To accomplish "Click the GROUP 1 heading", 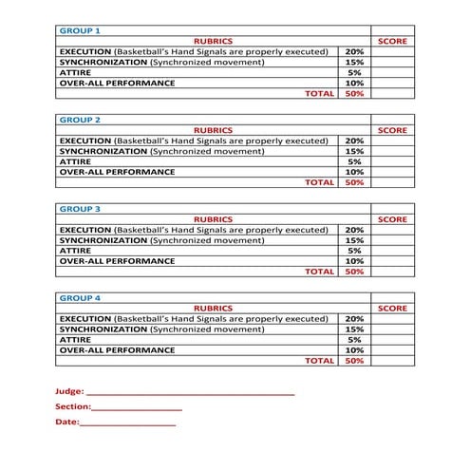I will point(81,30).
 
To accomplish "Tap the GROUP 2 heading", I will point(81,120).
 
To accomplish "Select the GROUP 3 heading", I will point(81,208).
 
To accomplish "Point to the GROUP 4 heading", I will point(81,297).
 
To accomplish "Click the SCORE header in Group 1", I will point(392,42).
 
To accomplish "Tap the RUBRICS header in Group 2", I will point(213,130).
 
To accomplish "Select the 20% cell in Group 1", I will point(354,51).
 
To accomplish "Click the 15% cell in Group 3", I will point(354,239).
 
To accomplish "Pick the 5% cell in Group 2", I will point(354,161).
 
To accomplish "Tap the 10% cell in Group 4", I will point(354,349).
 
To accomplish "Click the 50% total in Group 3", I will point(354,272).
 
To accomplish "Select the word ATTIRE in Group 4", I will point(75,339).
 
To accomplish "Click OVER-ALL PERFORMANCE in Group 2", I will point(117,172).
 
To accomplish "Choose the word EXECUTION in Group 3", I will point(85,229).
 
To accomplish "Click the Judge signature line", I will point(190,391).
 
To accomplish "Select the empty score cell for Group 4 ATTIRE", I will point(392,339).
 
